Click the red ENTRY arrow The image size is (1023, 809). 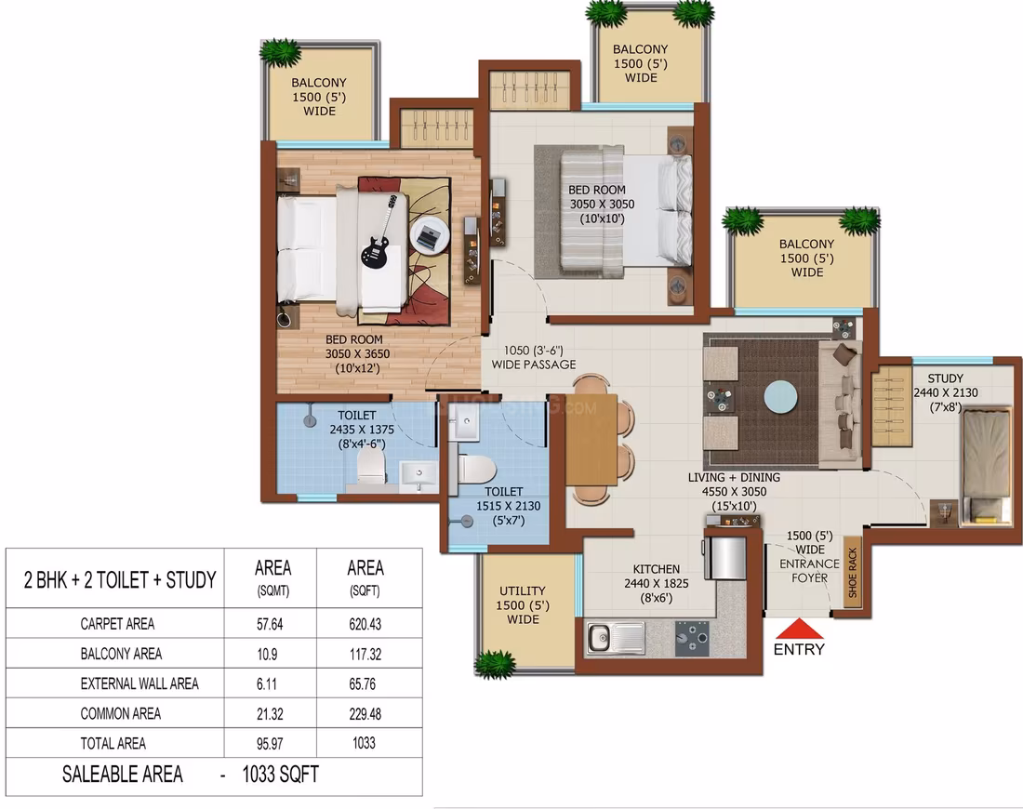pyautogui.click(x=799, y=629)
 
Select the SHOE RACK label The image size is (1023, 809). pyautogui.click(x=852, y=572)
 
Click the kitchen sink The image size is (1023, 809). pyautogui.click(x=616, y=637)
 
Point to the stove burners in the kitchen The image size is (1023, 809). pyautogui.click(x=692, y=638)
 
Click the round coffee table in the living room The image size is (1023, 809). pyautogui.click(x=780, y=397)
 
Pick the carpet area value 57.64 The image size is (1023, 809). pyautogui.click(x=270, y=624)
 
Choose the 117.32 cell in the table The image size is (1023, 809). pyautogui.click(x=365, y=655)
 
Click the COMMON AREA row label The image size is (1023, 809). pyautogui.click(x=121, y=714)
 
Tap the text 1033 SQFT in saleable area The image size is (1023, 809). pyautogui.click(x=281, y=775)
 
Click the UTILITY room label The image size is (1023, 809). pyautogui.click(x=522, y=590)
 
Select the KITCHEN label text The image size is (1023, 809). pyautogui.click(x=657, y=569)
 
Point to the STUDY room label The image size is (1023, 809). pyautogui.click(x=946, y=378)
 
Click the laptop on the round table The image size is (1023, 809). pyautogui.click(x=429, y=235)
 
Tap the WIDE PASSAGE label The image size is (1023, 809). pyautogui.click(x=534, y=365)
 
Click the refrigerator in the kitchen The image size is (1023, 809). pyautogui.click(x=725, y=558)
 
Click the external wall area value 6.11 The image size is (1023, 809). pyautogui.click(x=266, y=684)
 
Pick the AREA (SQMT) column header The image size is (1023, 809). pyautogui.click(x=272, y=578)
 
